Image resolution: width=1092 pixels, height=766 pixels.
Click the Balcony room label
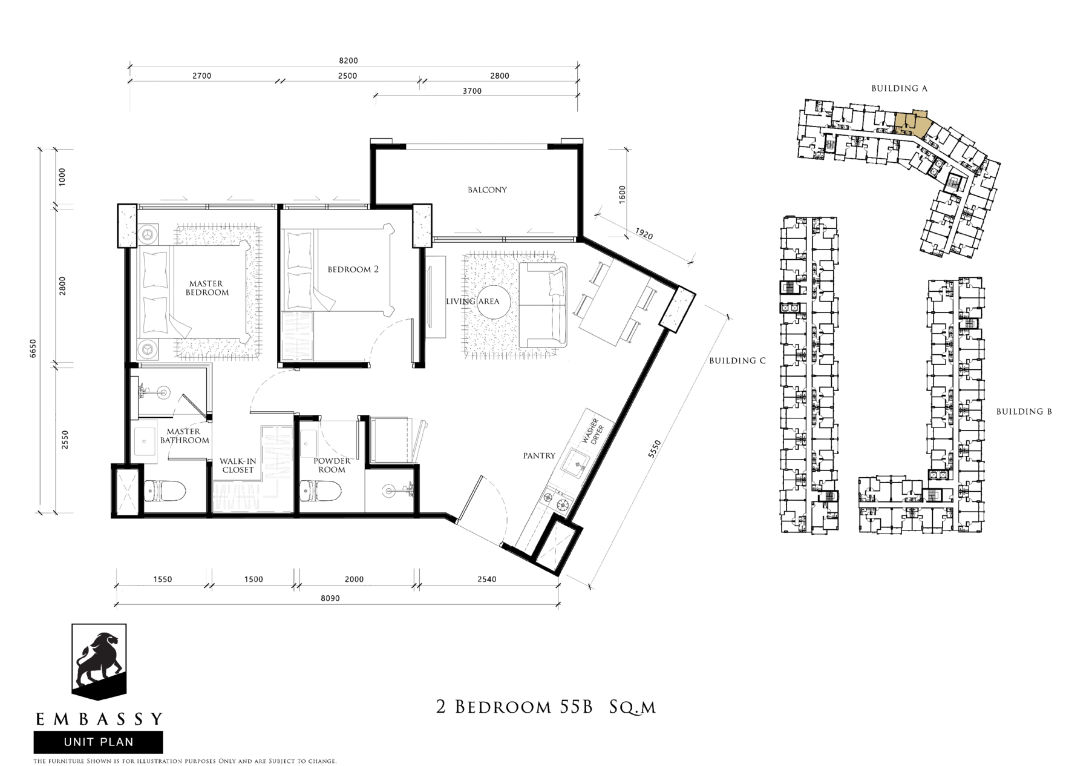click(x=487, y=190)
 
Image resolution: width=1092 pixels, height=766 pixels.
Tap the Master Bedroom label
click(x=207, y=288)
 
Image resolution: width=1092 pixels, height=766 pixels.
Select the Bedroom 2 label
click(x=353, y=269)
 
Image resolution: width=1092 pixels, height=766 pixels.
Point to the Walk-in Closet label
click(x=238, y=465)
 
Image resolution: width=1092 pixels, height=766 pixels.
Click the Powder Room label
click(x=332, y=465)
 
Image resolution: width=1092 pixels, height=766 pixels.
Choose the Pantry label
click(x=539, y=456)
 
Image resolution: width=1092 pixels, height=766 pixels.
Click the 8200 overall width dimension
click(x=348, y=61)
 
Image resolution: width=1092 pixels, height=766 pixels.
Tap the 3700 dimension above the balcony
click(x=472, y=91)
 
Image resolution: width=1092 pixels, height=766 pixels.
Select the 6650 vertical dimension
click(x=33, y=349)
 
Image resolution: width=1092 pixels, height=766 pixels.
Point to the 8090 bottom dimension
click(x=330, y=598)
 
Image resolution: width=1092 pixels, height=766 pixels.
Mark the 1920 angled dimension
click(x=644, y=233)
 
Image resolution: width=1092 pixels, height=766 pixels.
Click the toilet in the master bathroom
click(x=164, y=490)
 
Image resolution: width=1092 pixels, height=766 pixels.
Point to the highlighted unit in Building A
click(x=911, y=124)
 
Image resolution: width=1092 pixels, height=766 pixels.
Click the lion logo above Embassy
click(x=99, y=662)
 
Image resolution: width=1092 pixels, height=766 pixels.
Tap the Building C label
click(x=737, y=361)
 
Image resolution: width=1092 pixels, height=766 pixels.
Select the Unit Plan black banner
click(x=98, y=742)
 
